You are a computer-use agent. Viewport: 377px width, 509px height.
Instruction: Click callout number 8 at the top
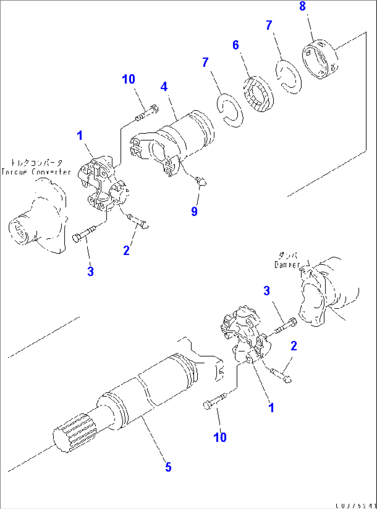click(302, 6)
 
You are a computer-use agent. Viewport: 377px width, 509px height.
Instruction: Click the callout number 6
click(236, 45)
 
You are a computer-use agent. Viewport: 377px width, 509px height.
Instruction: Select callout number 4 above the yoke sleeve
click(164, 87)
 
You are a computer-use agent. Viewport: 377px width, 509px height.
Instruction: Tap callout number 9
click(194, 211)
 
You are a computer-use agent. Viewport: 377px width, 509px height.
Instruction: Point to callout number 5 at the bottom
click(168, 467)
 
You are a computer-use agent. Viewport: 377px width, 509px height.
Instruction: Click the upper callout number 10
click(128, 79)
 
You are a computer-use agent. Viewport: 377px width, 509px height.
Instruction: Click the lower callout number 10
click(220, 437)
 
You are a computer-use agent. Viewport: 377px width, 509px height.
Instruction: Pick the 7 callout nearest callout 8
click(269, 25)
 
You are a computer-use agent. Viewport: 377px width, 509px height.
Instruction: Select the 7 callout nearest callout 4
click(205, 62)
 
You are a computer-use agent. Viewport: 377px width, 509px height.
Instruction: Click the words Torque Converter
click(36, 172)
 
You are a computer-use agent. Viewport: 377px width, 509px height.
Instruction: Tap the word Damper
click(287, 265)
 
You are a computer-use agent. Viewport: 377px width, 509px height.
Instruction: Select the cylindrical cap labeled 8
click(320, 59)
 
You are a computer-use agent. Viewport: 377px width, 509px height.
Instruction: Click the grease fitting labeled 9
click(200, 180)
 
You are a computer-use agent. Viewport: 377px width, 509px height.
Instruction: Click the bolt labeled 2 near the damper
click(281, 375)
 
